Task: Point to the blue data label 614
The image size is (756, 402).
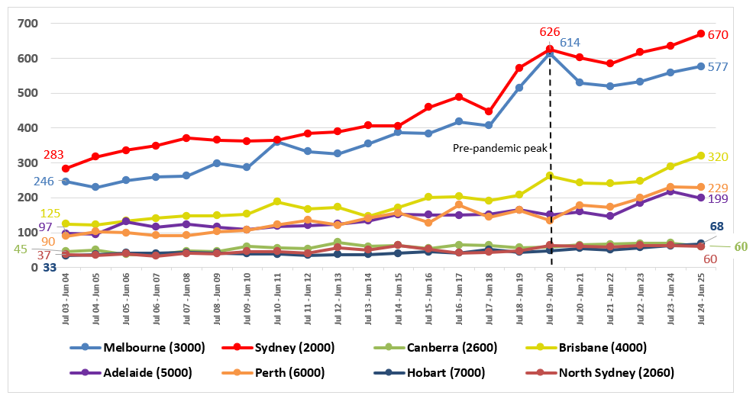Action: pyautogui.click(x=570, y=43)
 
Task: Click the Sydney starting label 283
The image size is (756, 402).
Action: pyautogui.click(x=53, y=156)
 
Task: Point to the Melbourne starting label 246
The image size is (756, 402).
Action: pyautogui.click(x=42, y=182)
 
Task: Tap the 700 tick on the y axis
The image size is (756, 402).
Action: pyautogui.click(x=27, y=24)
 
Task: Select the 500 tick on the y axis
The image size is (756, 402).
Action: pyautogui.click(x=27, y=93)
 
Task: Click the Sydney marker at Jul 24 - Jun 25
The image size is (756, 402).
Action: pyautogui.click(x=700, y=34)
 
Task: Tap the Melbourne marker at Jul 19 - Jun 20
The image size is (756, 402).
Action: pyautogui.click(x=550, y=53)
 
